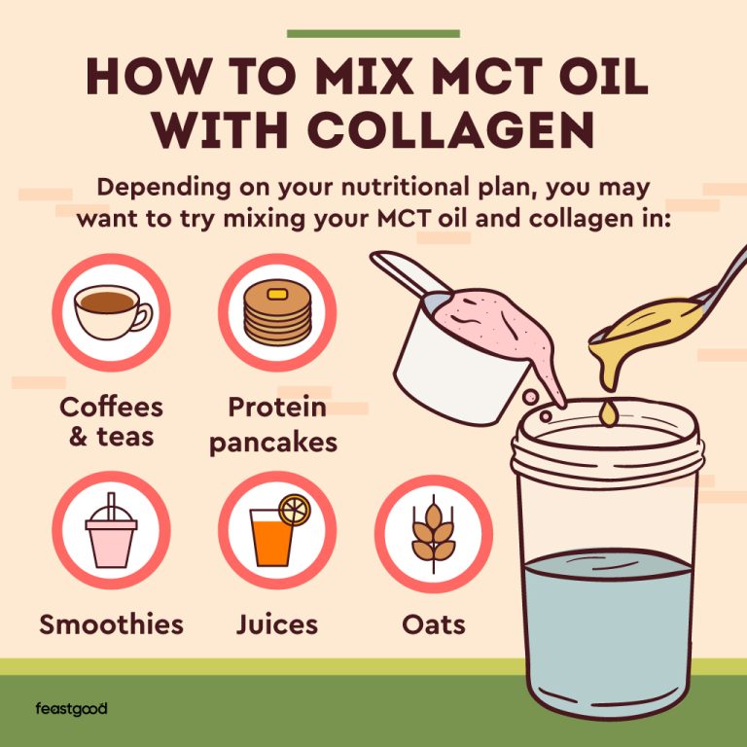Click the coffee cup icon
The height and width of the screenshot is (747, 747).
coord(112,313)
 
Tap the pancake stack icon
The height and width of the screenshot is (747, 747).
coord(276,314)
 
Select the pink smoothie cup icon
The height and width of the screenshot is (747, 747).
coord(111,532)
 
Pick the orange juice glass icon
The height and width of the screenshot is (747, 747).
coord(276,534)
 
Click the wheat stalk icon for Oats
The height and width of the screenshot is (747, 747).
coord(433,534)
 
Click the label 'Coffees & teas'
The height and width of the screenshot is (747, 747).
coord(111,420)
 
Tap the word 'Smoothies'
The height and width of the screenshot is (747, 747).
coord(111,624)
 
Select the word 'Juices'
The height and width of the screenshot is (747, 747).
coord(276,624)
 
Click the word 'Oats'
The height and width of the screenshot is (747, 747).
coord(433,624)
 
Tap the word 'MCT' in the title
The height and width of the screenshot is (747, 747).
coord(475,77)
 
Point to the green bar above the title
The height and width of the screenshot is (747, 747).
coord(373,33)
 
